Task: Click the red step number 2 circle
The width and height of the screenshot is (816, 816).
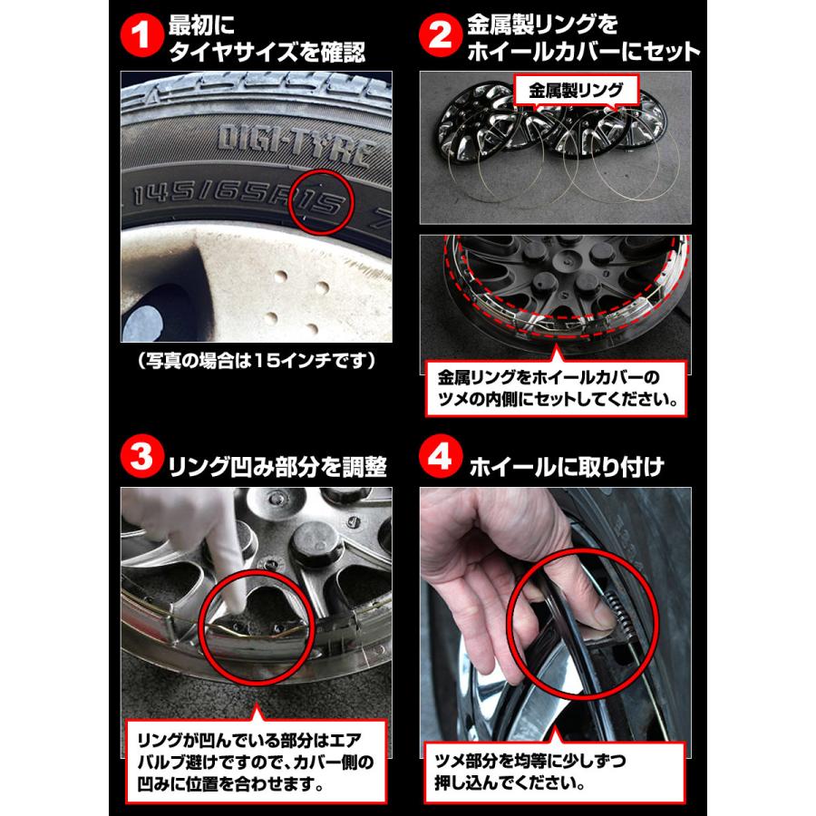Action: point(441,38)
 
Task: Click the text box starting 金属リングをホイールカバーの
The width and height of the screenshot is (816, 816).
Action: point(556,385)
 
